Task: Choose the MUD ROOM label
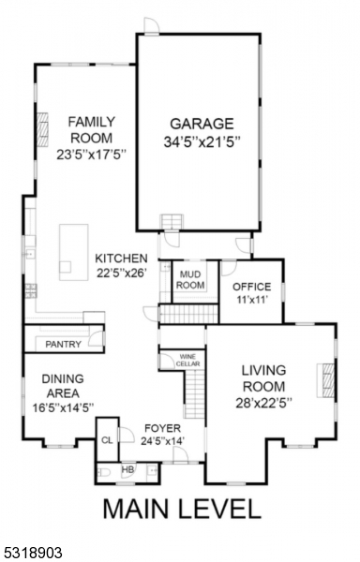tap(190, 279)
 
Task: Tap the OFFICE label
tap(251, 287)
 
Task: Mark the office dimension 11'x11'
tap(251, 301)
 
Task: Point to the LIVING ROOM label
tap(263, 378)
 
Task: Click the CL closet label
tap(107, 438)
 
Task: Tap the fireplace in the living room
tap(327, 380)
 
